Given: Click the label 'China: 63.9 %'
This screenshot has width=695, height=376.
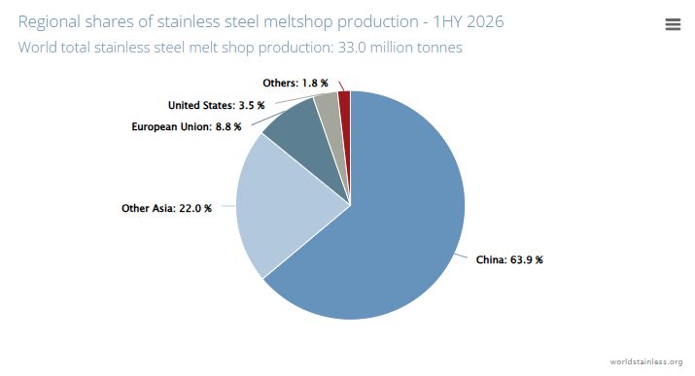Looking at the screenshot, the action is click(x=509, y=260).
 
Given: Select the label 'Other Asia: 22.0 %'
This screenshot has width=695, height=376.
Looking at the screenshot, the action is click(x=166, y=208).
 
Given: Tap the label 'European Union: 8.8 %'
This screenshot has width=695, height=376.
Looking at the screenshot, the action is click(x=187, y=126).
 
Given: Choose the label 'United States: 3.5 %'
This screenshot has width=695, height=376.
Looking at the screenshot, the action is click(x=217, y=105).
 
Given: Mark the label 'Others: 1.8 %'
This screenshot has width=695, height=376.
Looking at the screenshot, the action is click(x=295, y=84).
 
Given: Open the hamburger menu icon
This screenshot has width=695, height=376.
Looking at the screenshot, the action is click(x=673, y=24).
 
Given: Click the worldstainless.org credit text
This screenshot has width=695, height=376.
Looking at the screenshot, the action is click(x=646, y=361).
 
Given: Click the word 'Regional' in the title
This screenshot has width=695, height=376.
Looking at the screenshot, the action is click(x=49, y=22).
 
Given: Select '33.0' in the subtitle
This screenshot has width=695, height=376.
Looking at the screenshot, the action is click(x=352, y=48).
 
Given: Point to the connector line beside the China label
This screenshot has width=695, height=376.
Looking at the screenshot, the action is click(x=461, y=256).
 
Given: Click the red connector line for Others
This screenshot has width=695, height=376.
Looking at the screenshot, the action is click(x=341, y=85).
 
